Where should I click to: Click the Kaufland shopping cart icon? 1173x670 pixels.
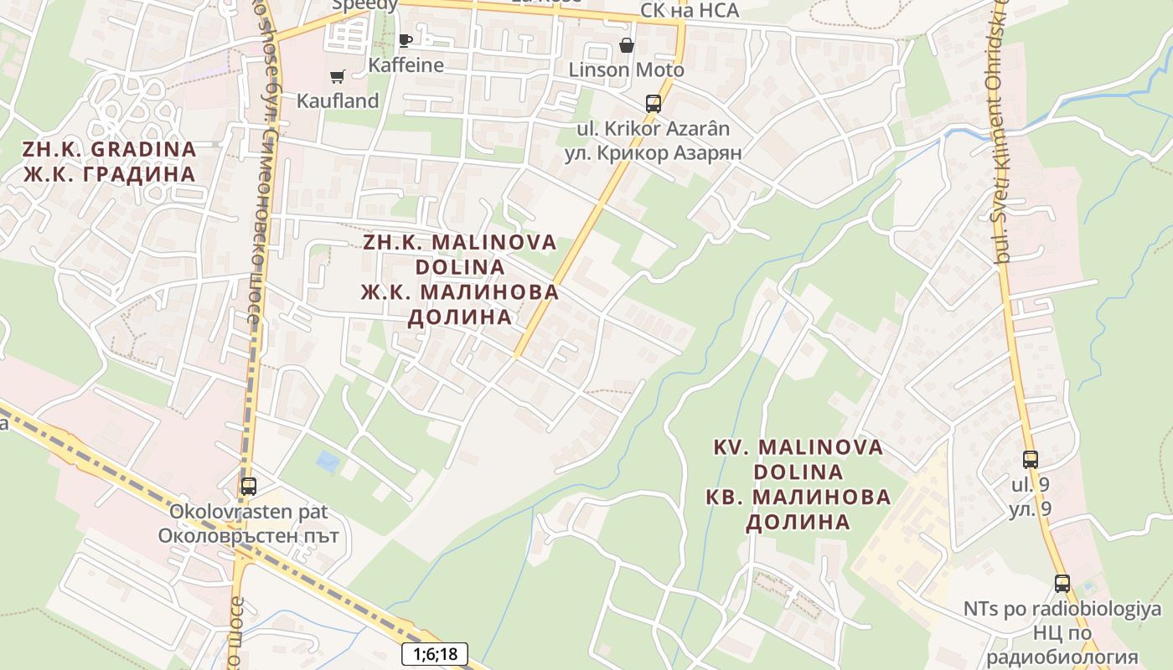click(338, 77)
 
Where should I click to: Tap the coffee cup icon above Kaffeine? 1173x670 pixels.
click(406, 40)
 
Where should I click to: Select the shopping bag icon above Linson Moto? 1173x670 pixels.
click(626, 45)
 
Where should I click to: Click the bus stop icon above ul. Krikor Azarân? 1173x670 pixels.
click(653, 104)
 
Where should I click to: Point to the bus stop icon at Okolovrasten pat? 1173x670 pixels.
click(248, 486)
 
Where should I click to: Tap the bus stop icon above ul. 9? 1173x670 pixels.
click(1030, 459)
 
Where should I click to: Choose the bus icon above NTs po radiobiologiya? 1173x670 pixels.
click(1062, 583)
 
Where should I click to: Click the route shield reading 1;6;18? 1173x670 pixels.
click(435, 654)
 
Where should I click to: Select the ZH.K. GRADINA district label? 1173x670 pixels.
click(109, 150)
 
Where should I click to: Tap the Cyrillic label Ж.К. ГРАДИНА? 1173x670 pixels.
click(109, 174)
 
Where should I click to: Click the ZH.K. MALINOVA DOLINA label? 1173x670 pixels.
click(460, 254)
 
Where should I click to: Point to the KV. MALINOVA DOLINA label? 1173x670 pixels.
click(798, 459)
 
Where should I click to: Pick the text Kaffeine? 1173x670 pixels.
click(406, 64)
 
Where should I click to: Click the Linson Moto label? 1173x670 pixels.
click(626, 70)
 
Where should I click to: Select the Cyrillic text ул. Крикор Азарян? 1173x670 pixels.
click(653, 153)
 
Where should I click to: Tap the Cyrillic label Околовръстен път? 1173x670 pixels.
click(248, 535)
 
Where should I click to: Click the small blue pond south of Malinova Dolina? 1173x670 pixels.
click(328, 461)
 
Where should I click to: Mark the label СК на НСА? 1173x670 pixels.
click(689, 10)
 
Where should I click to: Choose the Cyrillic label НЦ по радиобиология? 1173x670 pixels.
click(1062, 645)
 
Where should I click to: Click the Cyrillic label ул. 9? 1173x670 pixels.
click(1030, 509)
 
